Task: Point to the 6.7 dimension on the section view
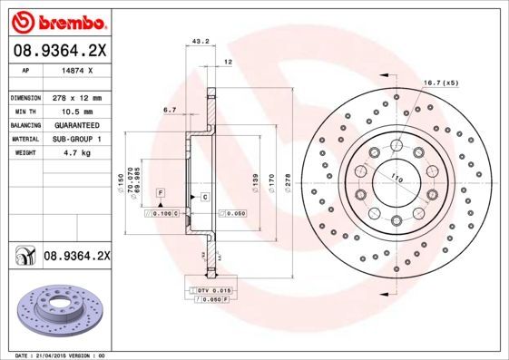pyautogui.click(x=169, y=110)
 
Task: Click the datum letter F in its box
pyautogui.click(x=160, y=195)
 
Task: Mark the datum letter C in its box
pyautogui.click(x=205, y=197)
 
